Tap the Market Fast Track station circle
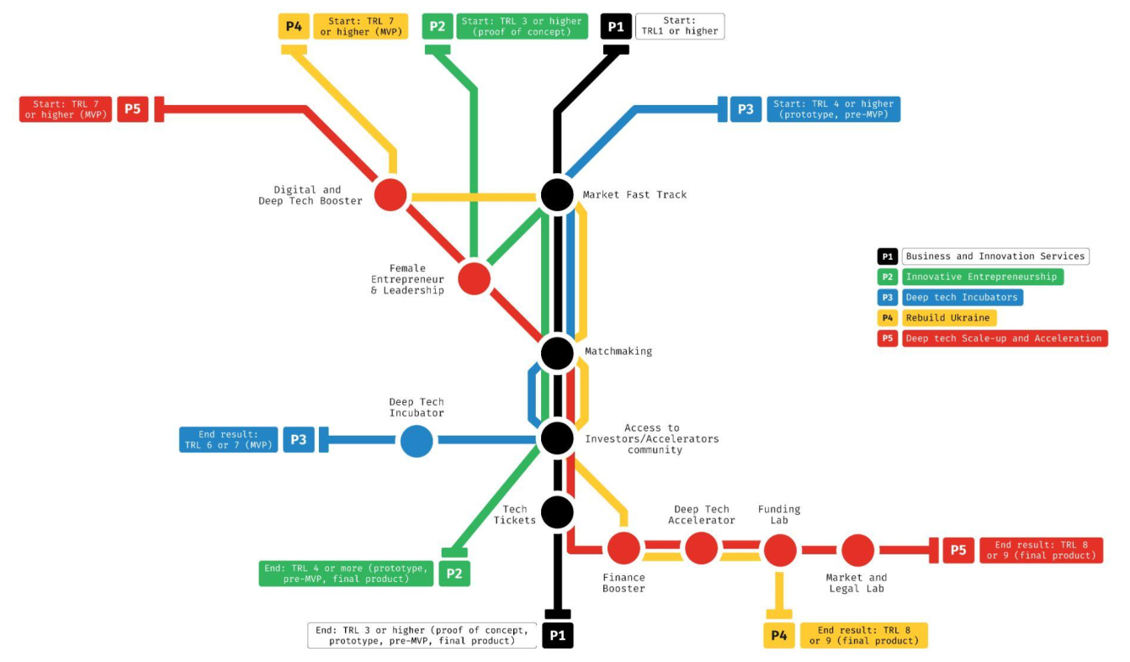pos(557,194)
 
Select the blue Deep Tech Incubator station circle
pos(416,440)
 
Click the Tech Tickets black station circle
pos(557,511)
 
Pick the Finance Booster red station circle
pos(623,548)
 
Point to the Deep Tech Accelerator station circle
pos(701,548)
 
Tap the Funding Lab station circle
pos(779,549)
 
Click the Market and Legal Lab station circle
pos(857,550)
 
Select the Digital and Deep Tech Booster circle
pos(390,194)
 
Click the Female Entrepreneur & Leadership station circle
pos(474,278)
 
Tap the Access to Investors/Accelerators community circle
pos(557,437)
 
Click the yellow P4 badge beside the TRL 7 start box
pos(293,26)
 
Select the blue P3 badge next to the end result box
pos(299,440)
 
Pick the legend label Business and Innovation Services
pos(995,257)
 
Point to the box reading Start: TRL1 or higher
pos(679,26)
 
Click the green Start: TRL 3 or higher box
pos(522,26)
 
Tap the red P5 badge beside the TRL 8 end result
pos(958,550)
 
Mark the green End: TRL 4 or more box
pos(347,574)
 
